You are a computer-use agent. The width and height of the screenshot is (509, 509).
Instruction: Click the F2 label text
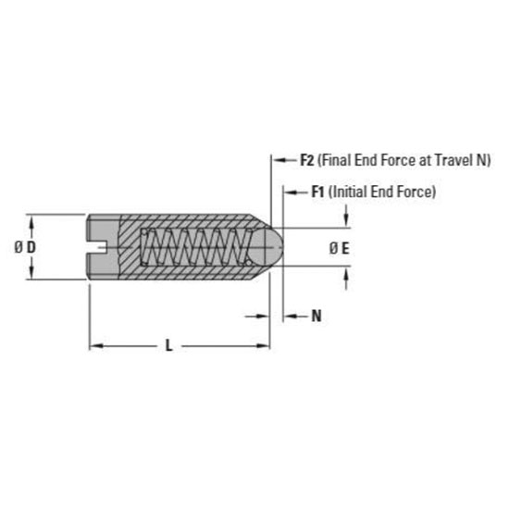click(307, 160)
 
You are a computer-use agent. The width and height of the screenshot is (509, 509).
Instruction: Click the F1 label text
click(318, 192)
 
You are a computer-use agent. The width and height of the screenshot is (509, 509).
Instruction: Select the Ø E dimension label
click(340, 248)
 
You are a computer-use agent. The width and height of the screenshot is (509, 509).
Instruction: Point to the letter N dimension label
click(317, 317)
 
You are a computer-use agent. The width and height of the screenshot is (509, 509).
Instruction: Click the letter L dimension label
click(168, 346)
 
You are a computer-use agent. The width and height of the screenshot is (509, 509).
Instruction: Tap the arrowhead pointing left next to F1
click(288, 192)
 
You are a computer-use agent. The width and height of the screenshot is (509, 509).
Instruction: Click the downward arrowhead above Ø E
click(346, 222)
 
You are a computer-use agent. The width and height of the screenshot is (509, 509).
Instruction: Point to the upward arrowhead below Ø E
click(346, 274)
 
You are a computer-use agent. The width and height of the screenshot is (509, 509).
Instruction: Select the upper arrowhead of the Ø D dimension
click(34, 221)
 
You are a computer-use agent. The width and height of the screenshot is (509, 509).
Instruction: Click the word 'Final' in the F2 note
click(337, 160)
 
